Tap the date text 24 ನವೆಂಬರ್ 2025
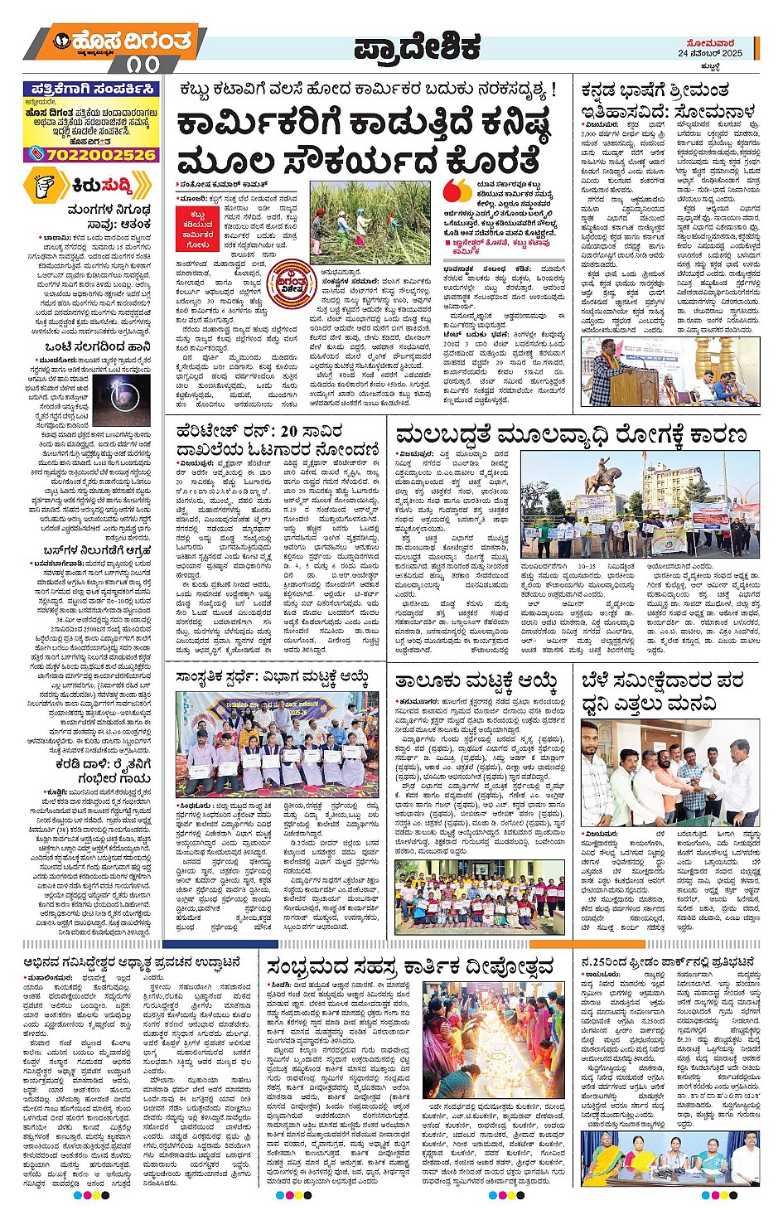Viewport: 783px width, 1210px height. click(x=709, y=53)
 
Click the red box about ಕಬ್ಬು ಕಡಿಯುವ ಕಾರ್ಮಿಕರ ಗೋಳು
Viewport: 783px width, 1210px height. click(x=199, y=229)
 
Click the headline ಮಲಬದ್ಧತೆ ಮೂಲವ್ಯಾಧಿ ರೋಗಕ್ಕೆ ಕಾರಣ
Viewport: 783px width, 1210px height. click(x=571, y=435)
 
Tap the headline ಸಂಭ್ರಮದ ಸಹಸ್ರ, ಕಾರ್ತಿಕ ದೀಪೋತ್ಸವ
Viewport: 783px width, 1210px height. click(x=410, y=967)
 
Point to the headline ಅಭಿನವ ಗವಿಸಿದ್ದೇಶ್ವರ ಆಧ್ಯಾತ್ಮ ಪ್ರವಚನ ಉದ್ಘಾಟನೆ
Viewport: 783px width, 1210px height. click(x=132, y=962)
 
